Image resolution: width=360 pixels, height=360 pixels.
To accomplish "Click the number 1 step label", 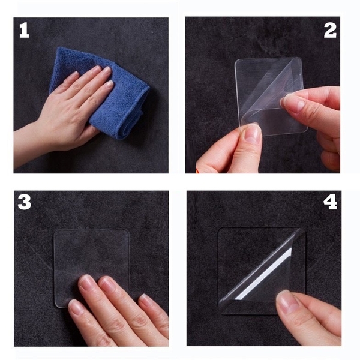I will [x=24, y=30].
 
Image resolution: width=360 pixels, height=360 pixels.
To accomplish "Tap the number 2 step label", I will [x=330, y=30].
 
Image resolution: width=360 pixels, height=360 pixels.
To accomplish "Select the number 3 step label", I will [x=24, y=202].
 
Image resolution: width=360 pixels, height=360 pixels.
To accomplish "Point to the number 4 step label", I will [x=330, y=202].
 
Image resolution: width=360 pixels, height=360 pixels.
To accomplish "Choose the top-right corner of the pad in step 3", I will [x=127, y=232].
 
